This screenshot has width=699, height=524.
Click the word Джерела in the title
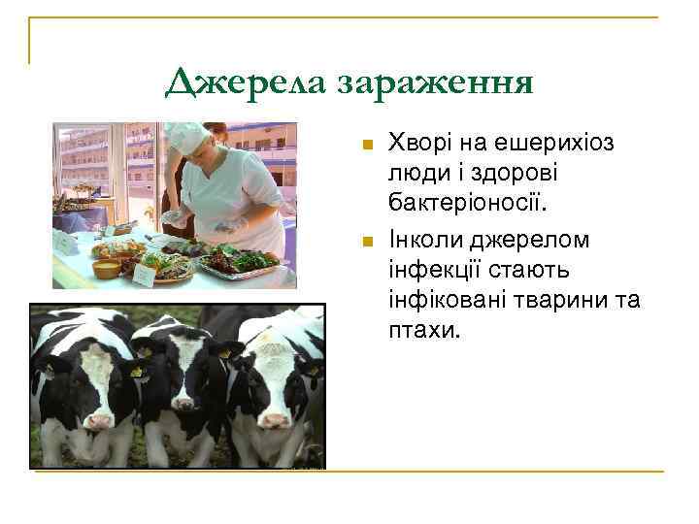pyautogui.click(x=247, y=83)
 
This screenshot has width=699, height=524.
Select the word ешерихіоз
pyautogui.click(x=558, y=145)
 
